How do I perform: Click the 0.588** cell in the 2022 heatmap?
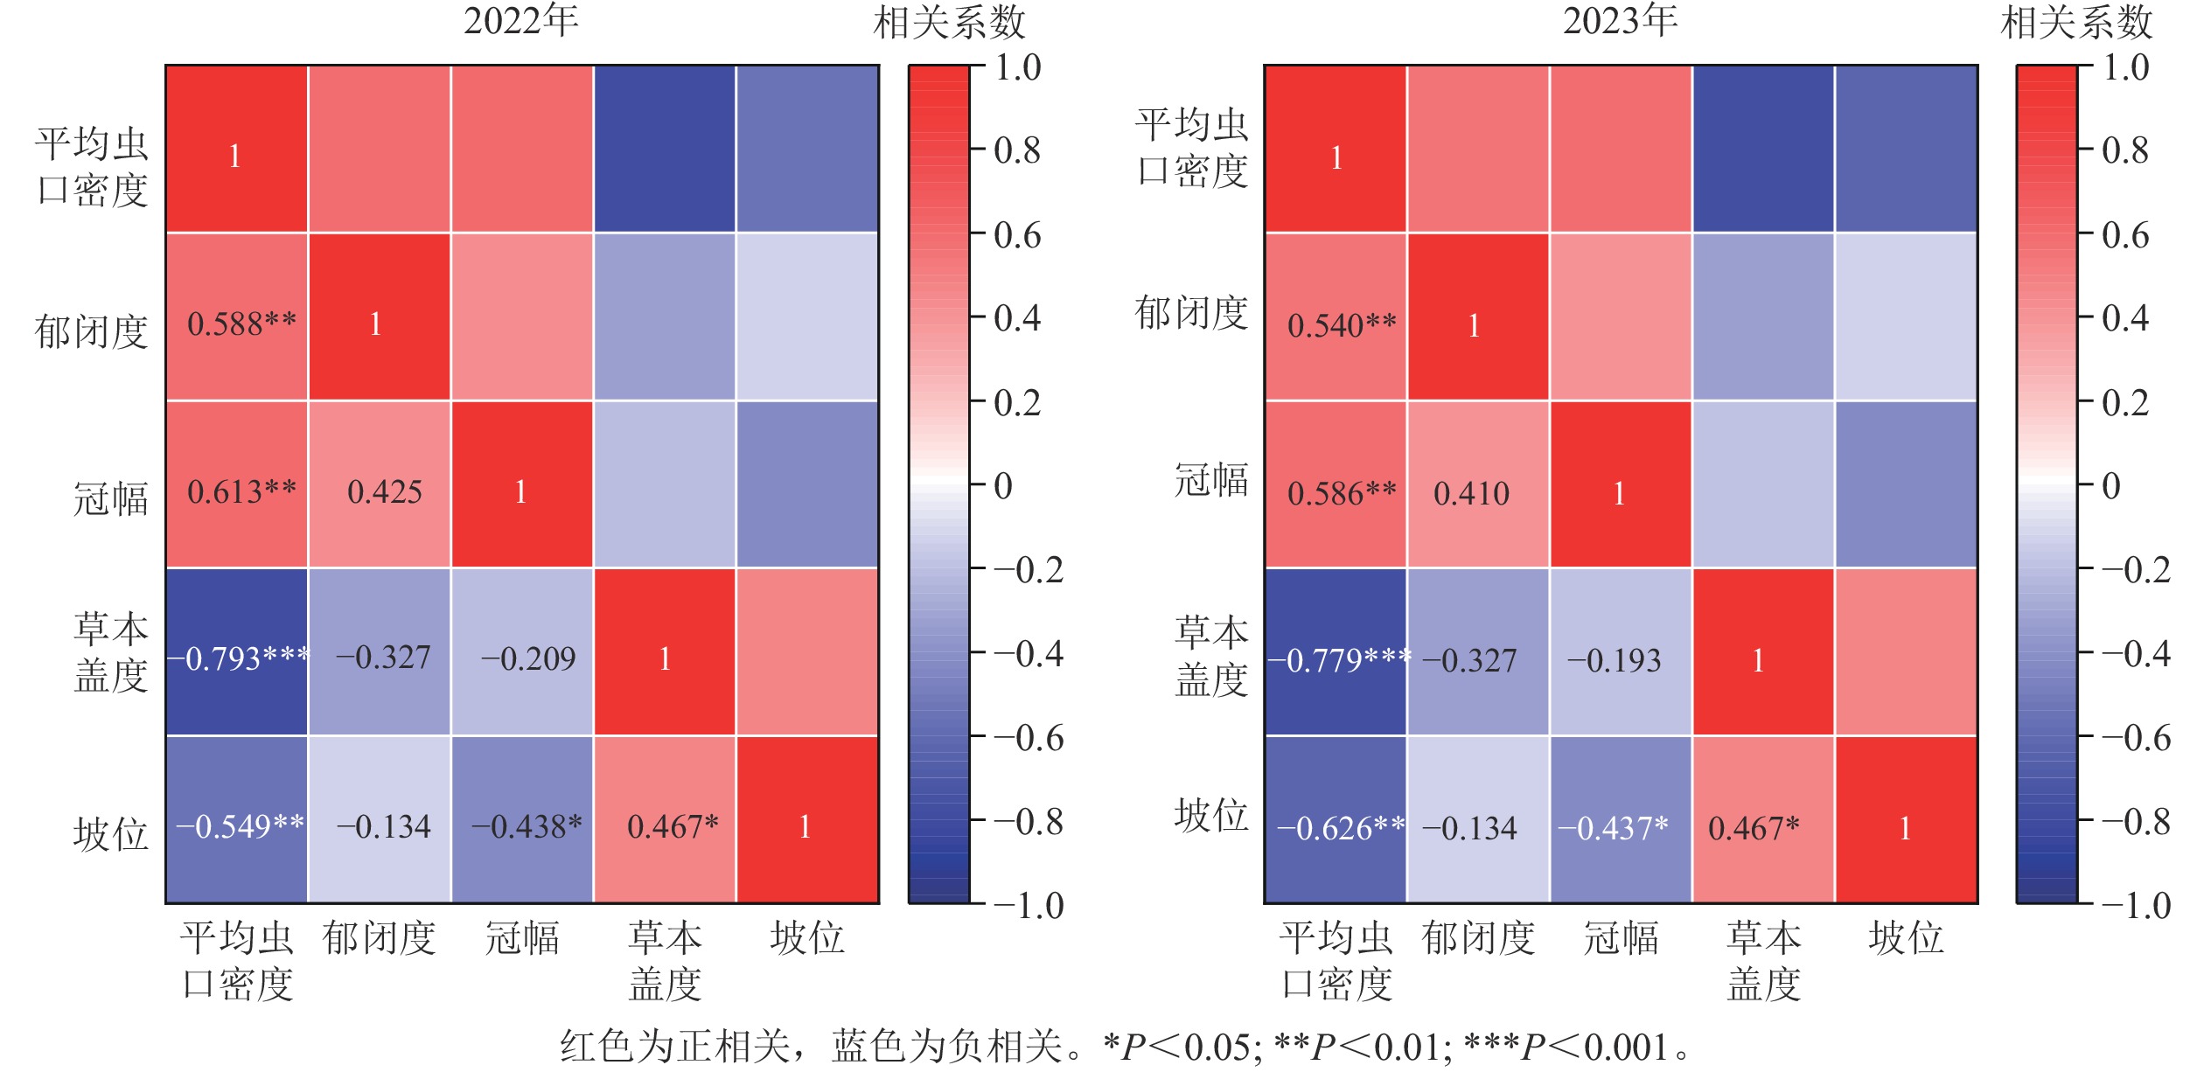click(241, 324)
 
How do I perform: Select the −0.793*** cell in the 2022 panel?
click(238, 658)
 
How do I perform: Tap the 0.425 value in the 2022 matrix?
click(384, 492)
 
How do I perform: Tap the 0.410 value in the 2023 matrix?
click(1471, 494)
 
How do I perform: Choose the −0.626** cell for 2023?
click(1341, 828)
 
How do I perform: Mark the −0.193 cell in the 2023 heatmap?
click(1614, 660)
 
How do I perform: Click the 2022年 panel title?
click(521, 21)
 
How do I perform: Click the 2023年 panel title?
click(1621, 21)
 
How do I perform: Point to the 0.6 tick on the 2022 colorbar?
click(1017, 235)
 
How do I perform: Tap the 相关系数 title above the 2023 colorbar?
click(2076, 23)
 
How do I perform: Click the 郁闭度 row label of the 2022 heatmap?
click(92, 332)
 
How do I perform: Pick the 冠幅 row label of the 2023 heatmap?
click(1211, 481)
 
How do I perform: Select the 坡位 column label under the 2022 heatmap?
click(807, 938)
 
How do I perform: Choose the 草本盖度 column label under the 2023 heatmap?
click(1764, 961)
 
